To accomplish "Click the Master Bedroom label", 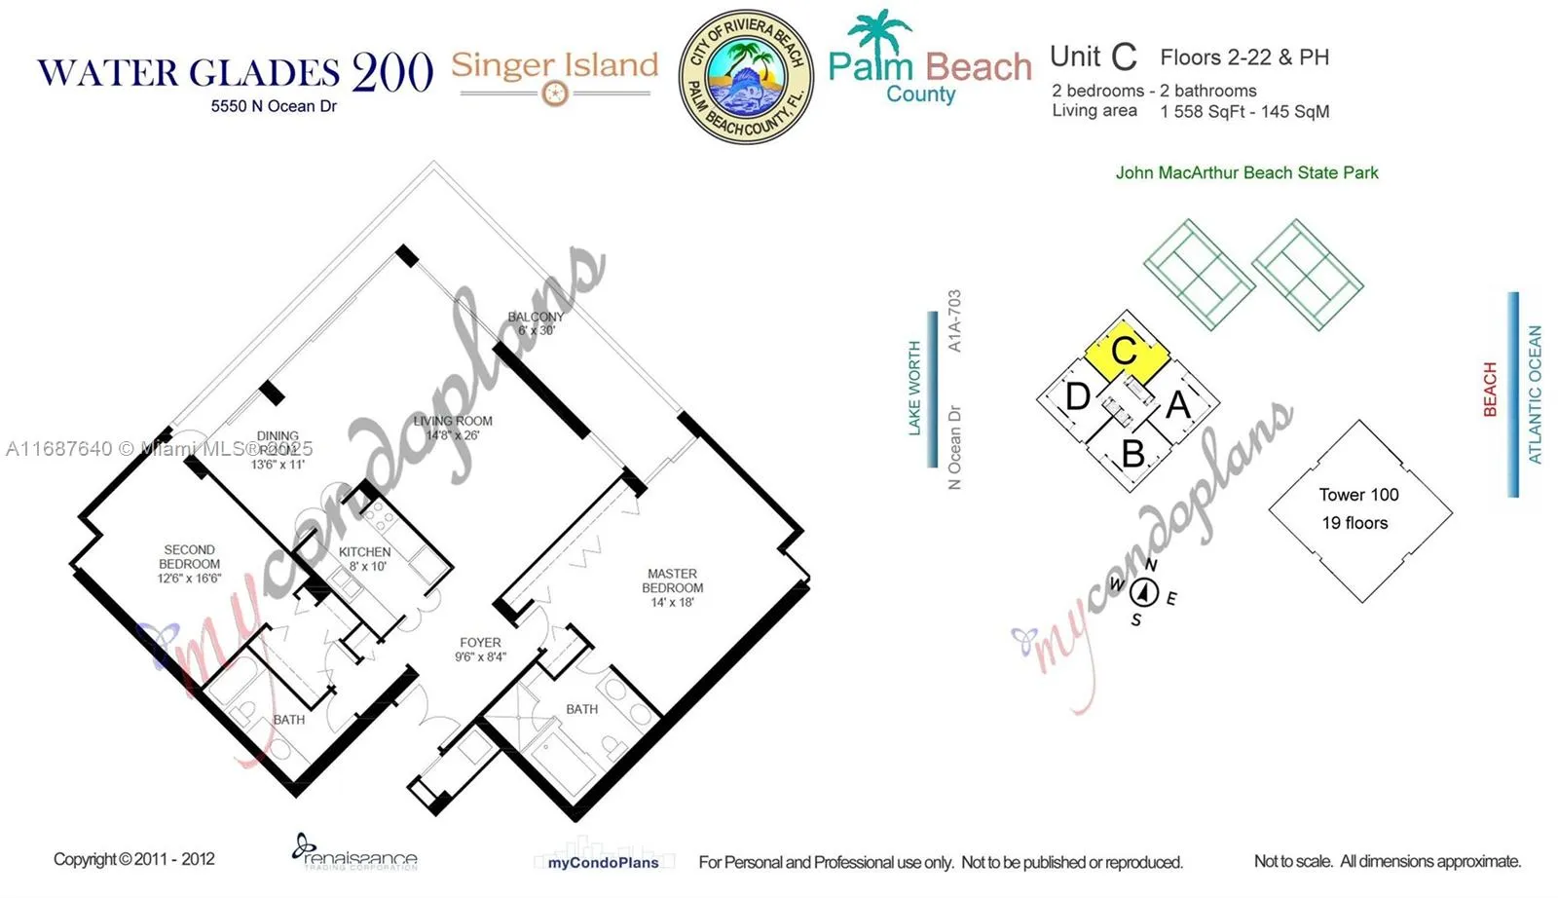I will tap(672, 587).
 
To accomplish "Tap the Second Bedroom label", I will tap(189, 564).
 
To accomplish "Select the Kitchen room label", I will tap(365, 558).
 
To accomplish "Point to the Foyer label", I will tap(480, 649).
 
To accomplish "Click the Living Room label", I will tap(453, 428).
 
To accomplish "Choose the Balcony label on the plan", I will tap(536, 323).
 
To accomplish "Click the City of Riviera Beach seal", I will tap(745, 77).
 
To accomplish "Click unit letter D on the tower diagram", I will tap(1077, 396).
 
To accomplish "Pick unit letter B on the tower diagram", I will tap(1132, 454).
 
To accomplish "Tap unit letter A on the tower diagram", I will tap(1178, 403).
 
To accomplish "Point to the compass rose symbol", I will tap(1144, 592).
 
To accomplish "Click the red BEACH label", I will tap(1489, 390).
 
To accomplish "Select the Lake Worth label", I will tap(914, 388).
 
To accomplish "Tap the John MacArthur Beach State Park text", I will tap(1246, 172).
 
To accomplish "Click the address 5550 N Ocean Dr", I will tap(274, 106).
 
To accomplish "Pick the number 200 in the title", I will tap(392, 72).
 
